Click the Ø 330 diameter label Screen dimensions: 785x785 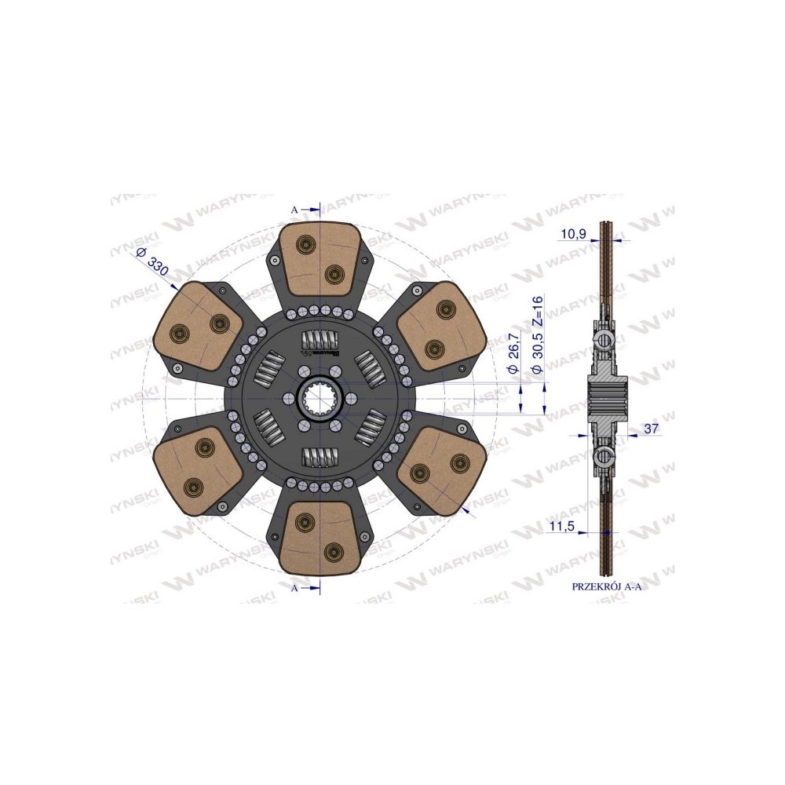152,260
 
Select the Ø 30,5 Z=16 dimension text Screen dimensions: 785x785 538,338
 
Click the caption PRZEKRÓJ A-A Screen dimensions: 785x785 608,586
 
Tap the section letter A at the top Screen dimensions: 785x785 294,210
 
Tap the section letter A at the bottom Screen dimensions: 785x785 294,587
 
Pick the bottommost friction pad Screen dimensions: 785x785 321,537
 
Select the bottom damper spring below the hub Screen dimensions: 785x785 321,455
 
